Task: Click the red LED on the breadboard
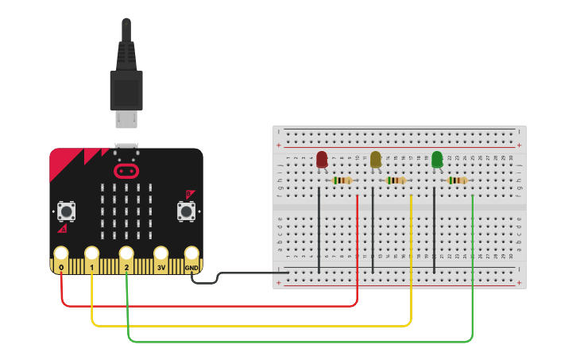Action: (322, 160)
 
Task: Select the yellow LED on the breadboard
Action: (376, 160)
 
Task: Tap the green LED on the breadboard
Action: (437, 160)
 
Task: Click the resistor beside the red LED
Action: (342, 180)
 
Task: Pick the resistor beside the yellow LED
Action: (396, 180)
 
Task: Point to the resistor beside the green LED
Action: (457, 180)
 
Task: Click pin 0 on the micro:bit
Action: (61, 254)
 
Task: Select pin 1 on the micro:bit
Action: (92, 254)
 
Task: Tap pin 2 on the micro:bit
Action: (126, 254)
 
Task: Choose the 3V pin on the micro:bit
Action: (161, 254)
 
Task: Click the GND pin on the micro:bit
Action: (191, 254)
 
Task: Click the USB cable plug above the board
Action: (126, 87)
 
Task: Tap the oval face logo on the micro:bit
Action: (126, 171)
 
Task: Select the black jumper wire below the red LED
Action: (319, 230)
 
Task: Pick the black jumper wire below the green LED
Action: (434, 230)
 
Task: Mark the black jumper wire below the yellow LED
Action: (373, 230)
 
